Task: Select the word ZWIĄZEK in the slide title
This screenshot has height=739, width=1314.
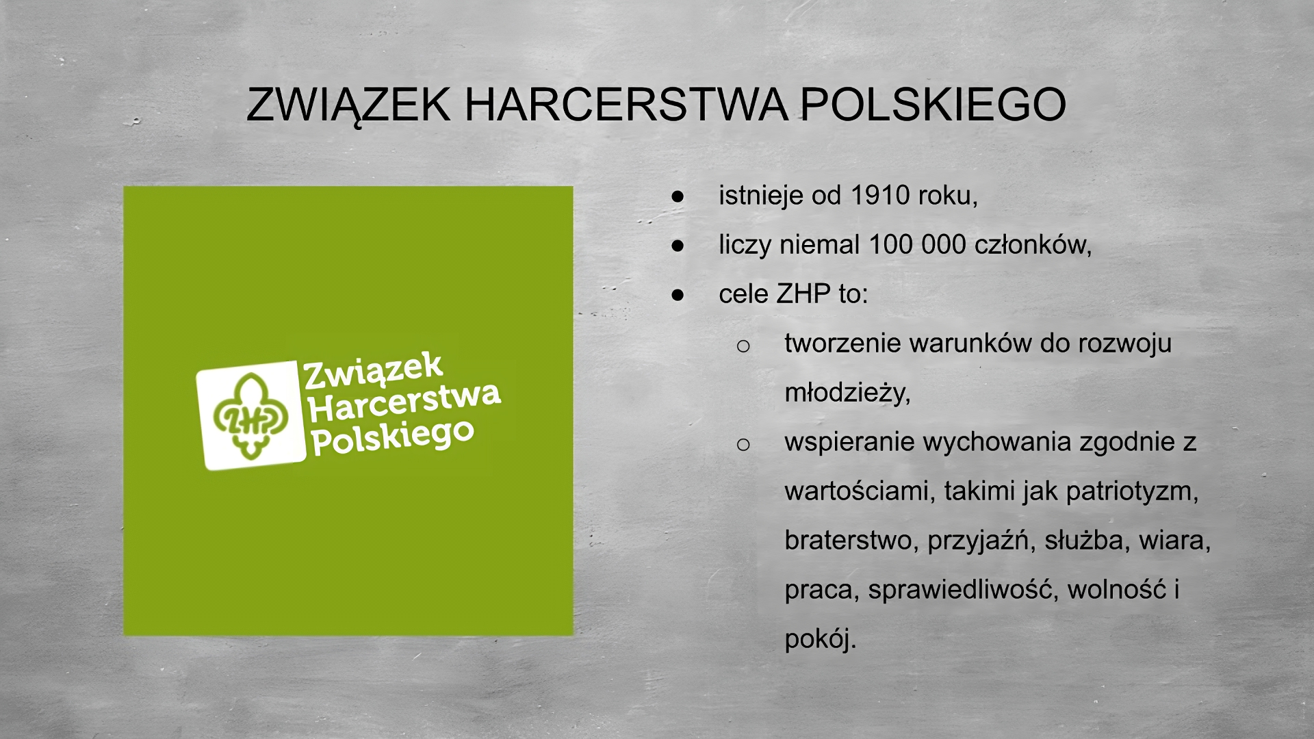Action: pos(348,105)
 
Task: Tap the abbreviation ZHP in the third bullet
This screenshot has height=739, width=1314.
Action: pos(803,294)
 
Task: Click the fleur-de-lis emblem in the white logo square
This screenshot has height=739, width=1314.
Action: pos(250,416)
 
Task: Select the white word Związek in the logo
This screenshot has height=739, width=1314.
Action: pos(373,371)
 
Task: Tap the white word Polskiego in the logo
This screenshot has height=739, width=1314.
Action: pos(393,438)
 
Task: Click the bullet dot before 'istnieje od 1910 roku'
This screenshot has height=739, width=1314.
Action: pos(678,196)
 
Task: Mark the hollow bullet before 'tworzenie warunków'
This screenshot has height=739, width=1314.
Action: pos(743,346)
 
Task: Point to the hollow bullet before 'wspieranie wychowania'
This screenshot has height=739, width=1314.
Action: pos(743,445)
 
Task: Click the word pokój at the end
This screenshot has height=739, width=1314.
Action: pos(820,639)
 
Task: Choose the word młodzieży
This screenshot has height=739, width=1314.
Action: pos(847,393)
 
